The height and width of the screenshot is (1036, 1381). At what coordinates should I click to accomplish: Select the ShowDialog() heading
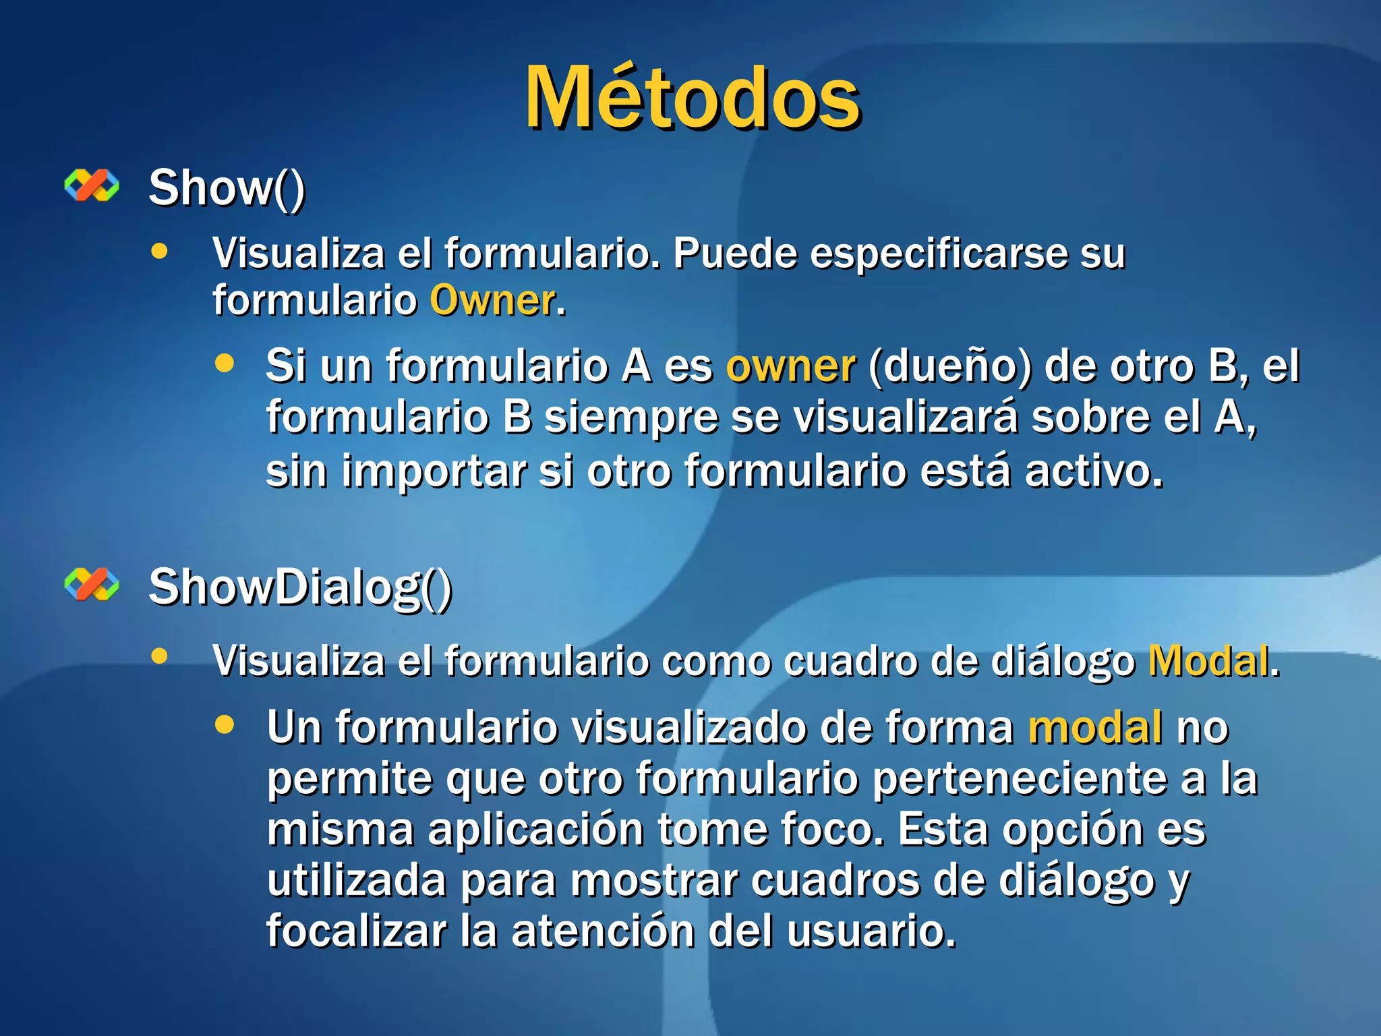(x=300, y=587)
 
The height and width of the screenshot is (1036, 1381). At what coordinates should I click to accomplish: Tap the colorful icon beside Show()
(x=92, y=185)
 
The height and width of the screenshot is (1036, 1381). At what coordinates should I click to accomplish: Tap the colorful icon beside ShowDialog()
(x=92, y=584)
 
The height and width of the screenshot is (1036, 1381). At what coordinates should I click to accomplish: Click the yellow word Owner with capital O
(x=493, y=300)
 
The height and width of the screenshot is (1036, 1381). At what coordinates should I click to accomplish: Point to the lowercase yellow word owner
(x=790, y=366)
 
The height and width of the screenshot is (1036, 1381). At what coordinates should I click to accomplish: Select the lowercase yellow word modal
(x=1094, y=727)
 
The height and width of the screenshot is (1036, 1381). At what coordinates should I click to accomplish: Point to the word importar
(x=434, y=471)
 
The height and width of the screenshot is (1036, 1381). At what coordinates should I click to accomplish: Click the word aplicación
(x=535, y=830)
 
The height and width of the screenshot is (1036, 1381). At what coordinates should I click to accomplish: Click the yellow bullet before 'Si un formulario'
(x=225, y=364)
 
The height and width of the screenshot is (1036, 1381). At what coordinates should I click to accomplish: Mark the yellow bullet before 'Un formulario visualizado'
(x=225, y=724)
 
